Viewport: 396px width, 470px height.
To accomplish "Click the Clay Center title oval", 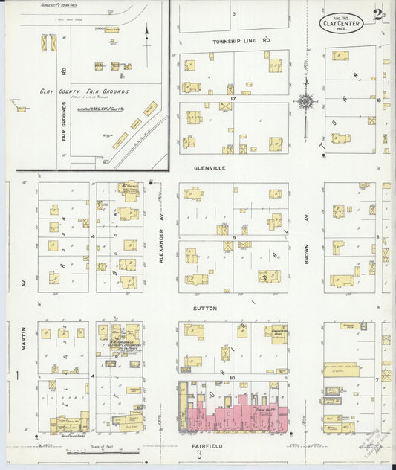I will coord(342,23).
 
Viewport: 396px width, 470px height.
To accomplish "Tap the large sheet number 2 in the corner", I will coord(379,13).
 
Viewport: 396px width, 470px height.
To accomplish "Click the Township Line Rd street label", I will coord(240,41).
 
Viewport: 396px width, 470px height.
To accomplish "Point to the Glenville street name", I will coord(210,168).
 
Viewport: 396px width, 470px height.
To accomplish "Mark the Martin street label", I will coord(24,338).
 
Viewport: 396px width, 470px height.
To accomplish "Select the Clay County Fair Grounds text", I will coord(84,91).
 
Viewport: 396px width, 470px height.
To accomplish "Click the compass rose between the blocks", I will coord(305,101).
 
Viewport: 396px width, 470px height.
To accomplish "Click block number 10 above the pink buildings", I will coord(233,378).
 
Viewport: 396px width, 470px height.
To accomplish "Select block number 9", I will coord(233,236).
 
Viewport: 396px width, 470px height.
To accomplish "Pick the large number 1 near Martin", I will coord(17,377).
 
